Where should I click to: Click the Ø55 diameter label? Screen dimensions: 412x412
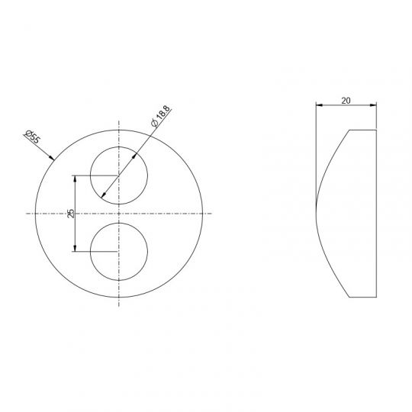pyautogui.click(x=33, y=137)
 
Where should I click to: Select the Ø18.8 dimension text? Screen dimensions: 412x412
pyautogui.click(x=161, y=116)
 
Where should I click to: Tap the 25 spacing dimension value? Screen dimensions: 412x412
pyautogui.click(x=71, y=214)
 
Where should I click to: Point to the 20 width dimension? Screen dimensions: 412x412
pyautogui.click(x=346, y=101)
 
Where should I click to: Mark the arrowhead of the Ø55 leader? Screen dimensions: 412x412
pyautogui.click(x=52, y=158)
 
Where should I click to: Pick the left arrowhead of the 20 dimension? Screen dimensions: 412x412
pyautogui.click(x=319, y=105)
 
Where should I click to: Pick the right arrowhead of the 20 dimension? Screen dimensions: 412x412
pyautogui.click(x=373, y=105)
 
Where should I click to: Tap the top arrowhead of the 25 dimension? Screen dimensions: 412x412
pyautogui.click(x=75, y=179)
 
